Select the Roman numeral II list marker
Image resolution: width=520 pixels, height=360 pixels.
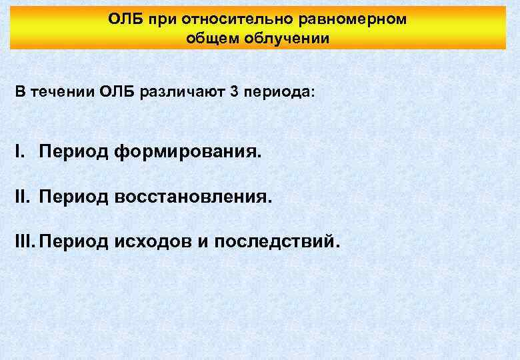tap(23, 197)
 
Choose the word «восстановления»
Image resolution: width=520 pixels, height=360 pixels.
tap(194, 197)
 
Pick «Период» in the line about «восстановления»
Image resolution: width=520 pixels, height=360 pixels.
tap(73, 197)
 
